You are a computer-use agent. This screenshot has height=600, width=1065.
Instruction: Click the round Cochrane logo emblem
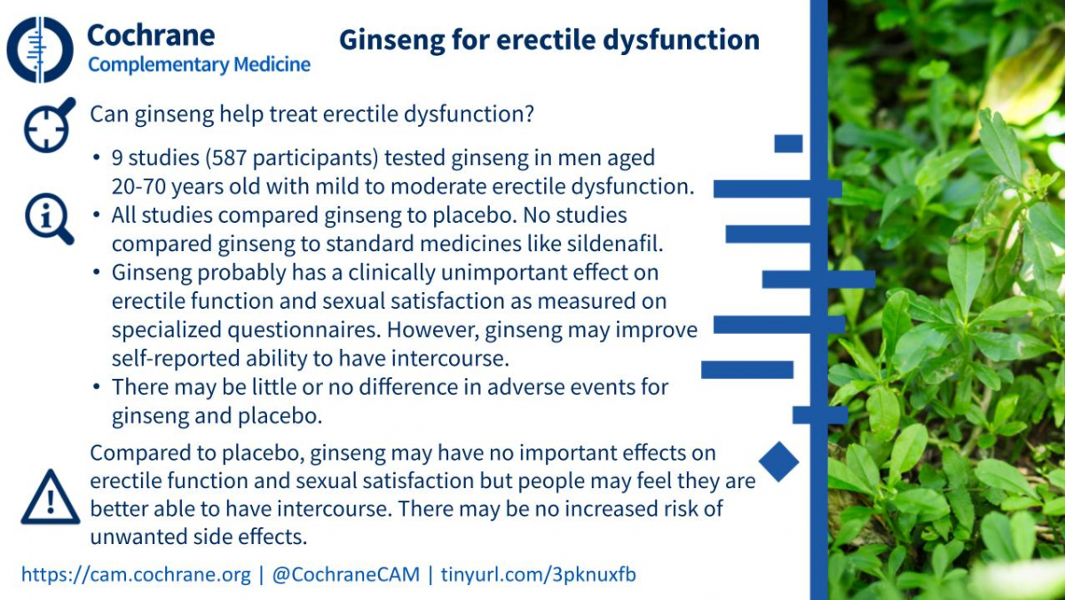click(x=40, y=50)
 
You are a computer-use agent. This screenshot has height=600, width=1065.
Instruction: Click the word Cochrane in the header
click(x=151, y=36)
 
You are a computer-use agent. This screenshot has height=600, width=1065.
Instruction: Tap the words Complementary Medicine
click(x=199, y=65)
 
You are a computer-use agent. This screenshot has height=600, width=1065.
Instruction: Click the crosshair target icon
click(x=49, y=125)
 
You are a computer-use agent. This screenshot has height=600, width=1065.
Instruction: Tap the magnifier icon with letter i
click(x=49, y=218)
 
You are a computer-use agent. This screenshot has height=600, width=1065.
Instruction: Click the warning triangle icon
click(x=51, y=497)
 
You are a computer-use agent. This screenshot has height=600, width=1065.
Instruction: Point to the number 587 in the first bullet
click(x=229, y=158)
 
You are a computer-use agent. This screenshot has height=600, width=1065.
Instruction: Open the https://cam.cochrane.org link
click(x=136, y=574)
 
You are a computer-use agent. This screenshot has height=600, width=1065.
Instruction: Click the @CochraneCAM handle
click(x=345, y=574)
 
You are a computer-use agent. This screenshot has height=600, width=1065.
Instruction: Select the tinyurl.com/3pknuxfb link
click(x=538, y=574)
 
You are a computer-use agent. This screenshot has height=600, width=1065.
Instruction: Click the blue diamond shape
click(x=779, y=462)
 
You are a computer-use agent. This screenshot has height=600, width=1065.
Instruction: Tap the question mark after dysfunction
click(x=529, y=114)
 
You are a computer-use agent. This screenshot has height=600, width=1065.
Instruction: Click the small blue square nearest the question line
click(x=788, y=144)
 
